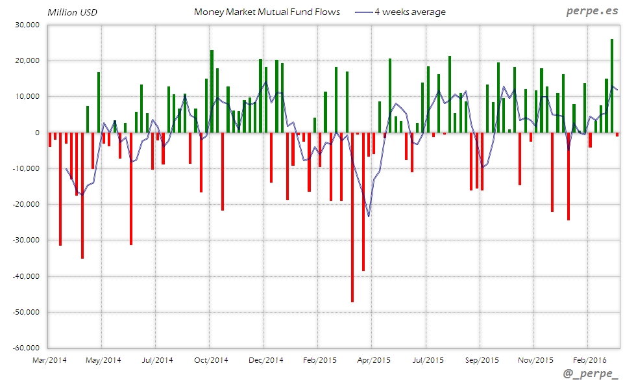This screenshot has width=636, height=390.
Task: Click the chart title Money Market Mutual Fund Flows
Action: coord(267,12)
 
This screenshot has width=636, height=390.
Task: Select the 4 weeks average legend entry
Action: coord(410,12)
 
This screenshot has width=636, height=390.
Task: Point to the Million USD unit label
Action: coord(72,12)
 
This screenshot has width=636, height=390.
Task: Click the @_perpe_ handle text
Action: coord(591,374)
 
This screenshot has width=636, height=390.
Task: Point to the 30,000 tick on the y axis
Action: coord(27,25)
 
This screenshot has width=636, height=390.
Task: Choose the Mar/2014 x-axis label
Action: coord(49,359)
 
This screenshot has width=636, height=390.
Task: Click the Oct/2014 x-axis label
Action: coord(211,359)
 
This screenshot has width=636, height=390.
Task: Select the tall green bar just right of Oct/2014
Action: coord(212,91)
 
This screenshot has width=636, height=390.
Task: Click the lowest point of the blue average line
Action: coord(369,216)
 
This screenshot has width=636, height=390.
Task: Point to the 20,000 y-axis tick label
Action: coord(27,60)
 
